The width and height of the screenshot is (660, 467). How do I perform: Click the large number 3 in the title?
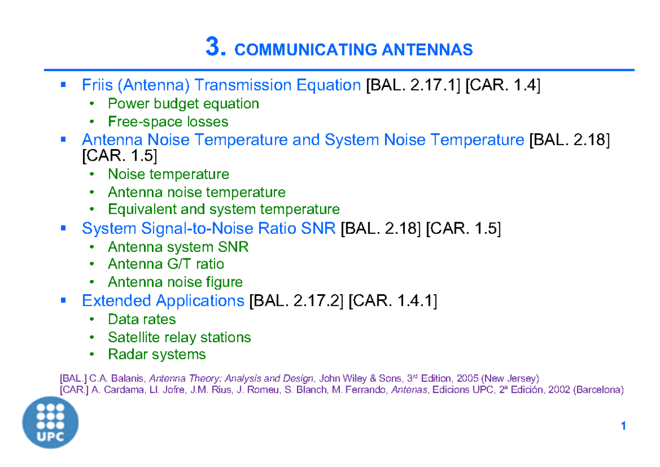pos(215,48)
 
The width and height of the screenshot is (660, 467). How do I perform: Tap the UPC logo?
pos(50,422)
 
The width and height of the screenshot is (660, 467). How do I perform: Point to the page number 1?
pos(623,426)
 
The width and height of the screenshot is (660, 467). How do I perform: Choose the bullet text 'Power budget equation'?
pos(183,103)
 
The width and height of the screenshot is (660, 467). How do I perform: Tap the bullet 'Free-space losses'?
pos(168,121)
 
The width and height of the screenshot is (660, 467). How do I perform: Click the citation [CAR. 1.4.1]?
pos(393,301)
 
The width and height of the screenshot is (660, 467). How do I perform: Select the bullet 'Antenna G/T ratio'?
pos(166,264)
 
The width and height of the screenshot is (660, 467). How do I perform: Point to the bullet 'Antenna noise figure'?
pos(175,282)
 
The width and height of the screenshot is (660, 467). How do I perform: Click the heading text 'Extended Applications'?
pos(163,301)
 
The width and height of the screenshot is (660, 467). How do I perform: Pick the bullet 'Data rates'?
pos(142,319)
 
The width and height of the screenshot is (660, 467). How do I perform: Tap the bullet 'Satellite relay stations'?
pos(179,337)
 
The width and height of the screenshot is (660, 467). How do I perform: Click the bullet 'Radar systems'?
pos(157,354)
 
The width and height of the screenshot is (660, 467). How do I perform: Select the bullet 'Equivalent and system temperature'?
pos(223,209)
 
